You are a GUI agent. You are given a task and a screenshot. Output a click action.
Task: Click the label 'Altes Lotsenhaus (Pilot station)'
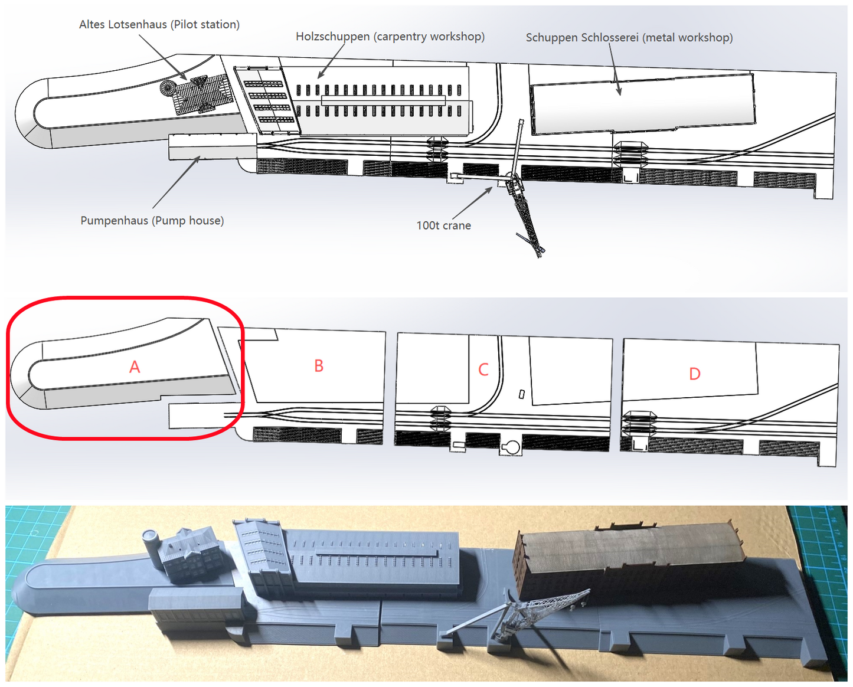tap(159, 25)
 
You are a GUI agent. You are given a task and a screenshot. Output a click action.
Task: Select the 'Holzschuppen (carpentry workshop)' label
tap(390, 37)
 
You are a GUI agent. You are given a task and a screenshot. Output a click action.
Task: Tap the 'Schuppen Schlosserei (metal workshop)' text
tap(629, 38)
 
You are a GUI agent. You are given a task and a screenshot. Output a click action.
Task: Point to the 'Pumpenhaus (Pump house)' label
tap(152, 220)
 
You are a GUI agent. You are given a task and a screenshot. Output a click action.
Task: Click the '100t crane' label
tap(443, 225)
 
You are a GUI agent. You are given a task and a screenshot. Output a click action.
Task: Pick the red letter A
tap(135, 367)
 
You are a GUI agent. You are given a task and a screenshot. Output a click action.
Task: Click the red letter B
tap(319, 365)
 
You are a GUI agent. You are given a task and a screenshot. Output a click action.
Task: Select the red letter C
tap(483, 369)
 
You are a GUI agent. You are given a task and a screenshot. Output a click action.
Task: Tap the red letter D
tap(694, 374)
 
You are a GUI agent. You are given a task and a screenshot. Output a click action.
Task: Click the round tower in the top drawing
tap(168, 87)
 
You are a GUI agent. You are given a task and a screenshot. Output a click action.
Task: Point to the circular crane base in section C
tap(511, 447)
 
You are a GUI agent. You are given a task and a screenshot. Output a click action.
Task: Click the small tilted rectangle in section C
tap(522, 394)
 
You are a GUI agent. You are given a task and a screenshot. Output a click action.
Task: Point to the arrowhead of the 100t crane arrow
tap(489, 190)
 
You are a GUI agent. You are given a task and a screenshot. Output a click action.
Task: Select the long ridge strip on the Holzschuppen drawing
tap(383, 100)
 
